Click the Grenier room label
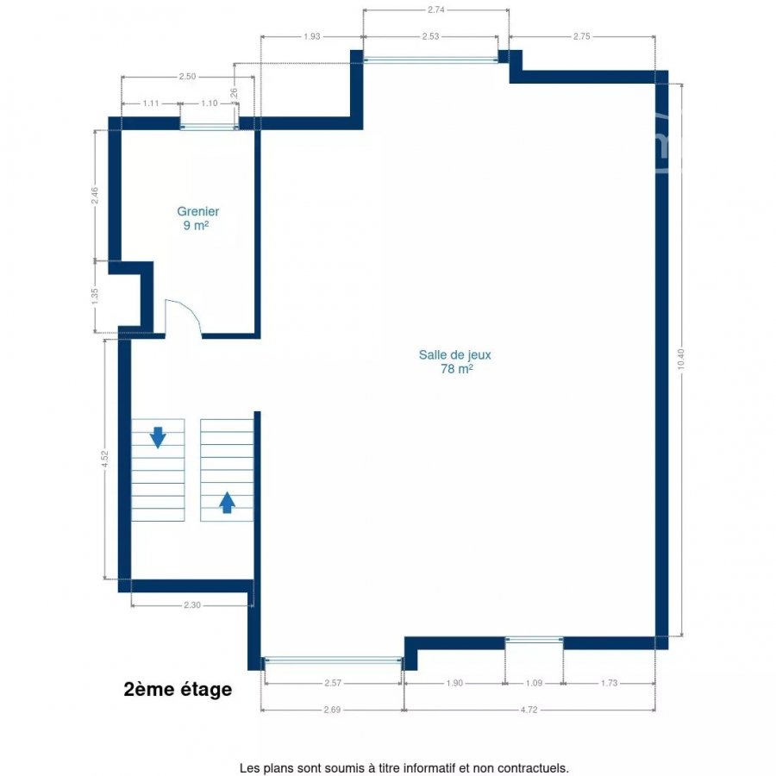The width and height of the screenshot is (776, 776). point(198,211)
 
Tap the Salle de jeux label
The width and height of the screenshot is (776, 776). point(454,355)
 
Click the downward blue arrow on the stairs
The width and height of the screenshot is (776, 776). point(158,437)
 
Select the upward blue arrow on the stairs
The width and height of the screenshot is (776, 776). point(227,503)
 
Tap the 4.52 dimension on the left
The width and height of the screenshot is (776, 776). point(104,459)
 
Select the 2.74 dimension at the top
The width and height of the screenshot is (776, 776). point(436,9)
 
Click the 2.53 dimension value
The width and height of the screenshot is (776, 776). point(430,36)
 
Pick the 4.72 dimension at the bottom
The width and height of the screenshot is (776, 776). point(529,710)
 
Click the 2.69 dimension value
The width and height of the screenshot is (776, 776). point(332,710)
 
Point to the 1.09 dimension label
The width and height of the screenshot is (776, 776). point(534,683)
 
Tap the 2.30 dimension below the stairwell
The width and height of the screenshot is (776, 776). point(192,604)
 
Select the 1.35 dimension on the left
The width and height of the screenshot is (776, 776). point(95,296)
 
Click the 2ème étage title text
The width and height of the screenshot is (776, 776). point(178,689)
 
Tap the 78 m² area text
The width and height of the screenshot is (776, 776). point(456,369)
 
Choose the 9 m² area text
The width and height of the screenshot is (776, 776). point(196,226)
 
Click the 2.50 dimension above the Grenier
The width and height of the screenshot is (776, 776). point(187,76)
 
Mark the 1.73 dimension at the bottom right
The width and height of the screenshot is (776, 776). point(610,683)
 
